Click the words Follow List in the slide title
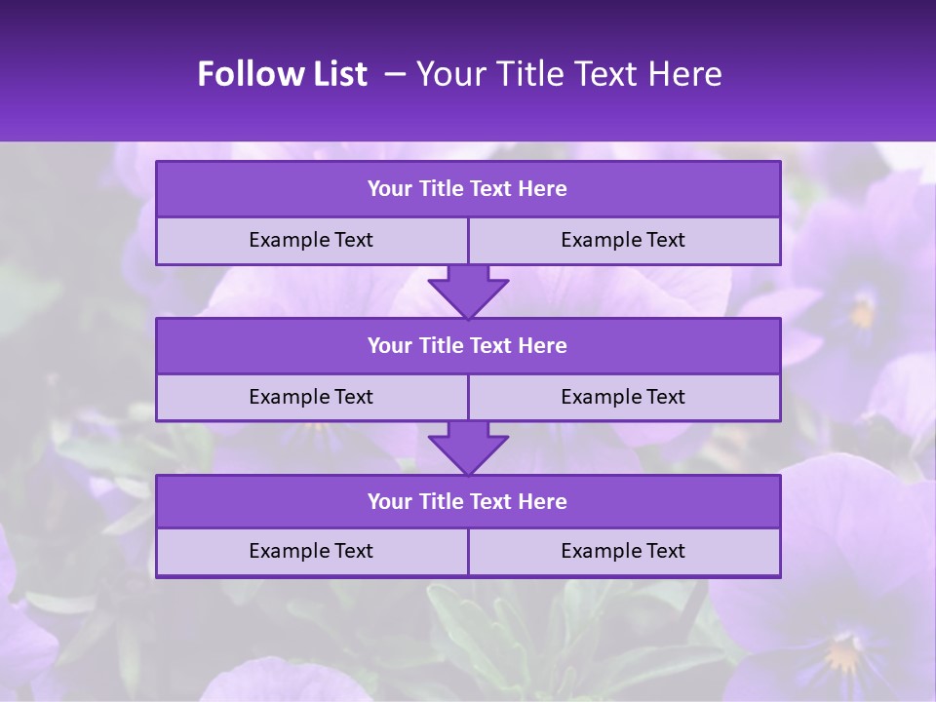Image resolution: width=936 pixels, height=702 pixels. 282,74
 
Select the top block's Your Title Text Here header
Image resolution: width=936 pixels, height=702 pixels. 467,189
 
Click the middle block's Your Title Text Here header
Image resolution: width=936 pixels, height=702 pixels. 467,345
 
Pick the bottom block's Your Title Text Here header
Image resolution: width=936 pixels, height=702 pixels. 467,501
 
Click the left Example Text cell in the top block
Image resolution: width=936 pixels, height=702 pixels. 311,240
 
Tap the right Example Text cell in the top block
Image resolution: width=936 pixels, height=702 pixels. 623,240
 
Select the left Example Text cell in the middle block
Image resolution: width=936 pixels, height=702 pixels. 311,397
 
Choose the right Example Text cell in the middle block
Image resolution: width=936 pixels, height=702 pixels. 623,397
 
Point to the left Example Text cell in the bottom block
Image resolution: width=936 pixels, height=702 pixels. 311,551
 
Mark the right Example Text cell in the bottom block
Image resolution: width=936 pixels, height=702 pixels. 623,551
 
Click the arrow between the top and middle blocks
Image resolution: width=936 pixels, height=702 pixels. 468,292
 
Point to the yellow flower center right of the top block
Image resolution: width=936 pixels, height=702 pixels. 862,313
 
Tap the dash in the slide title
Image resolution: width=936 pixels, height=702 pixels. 396,74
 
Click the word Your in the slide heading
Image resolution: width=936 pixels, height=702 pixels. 449,74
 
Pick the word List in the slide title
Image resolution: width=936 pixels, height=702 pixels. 337,74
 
